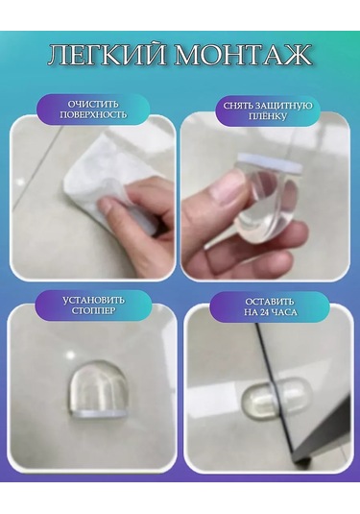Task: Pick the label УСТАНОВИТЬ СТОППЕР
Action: point(93,305)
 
